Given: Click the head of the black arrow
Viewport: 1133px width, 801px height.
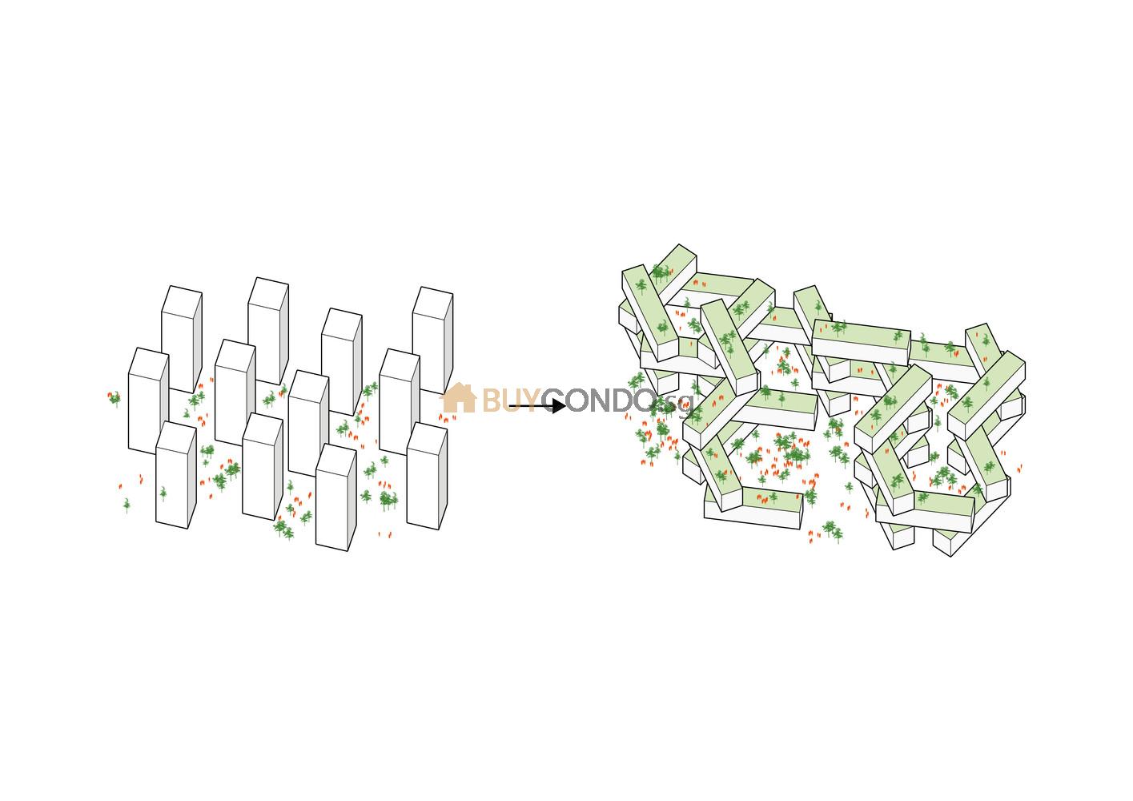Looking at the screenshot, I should pyautogui.click(x=559, y=406).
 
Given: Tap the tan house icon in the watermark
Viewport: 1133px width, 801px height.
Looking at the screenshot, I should pyautogui.click(x=458, y=398).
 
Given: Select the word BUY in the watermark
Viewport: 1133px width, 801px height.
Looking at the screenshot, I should pyautogui.click(x=509, y=401).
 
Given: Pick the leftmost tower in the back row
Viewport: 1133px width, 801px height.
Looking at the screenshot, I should pyautogui.click(x=181, y=336).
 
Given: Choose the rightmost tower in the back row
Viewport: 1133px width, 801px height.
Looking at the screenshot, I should pyautogui.click(x=432, y=336).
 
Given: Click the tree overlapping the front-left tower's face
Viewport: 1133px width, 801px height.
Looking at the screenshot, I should pyautogui.click(x=163, y=493).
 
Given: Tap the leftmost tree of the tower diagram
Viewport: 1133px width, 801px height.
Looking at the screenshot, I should pyautogui.click(x=115, y=397).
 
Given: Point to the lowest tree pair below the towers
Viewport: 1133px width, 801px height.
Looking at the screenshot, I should pyautogui.click(x=283, y=528).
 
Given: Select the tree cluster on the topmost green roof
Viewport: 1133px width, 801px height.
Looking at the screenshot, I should pyautogui.click(x=659, y=273).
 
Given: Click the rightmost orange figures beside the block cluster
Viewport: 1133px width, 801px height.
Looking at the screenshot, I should pyautogui.click(x=1018, y=469).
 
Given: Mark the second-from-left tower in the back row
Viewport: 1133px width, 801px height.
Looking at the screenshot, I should pyautogui.click(x=267, y=328).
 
